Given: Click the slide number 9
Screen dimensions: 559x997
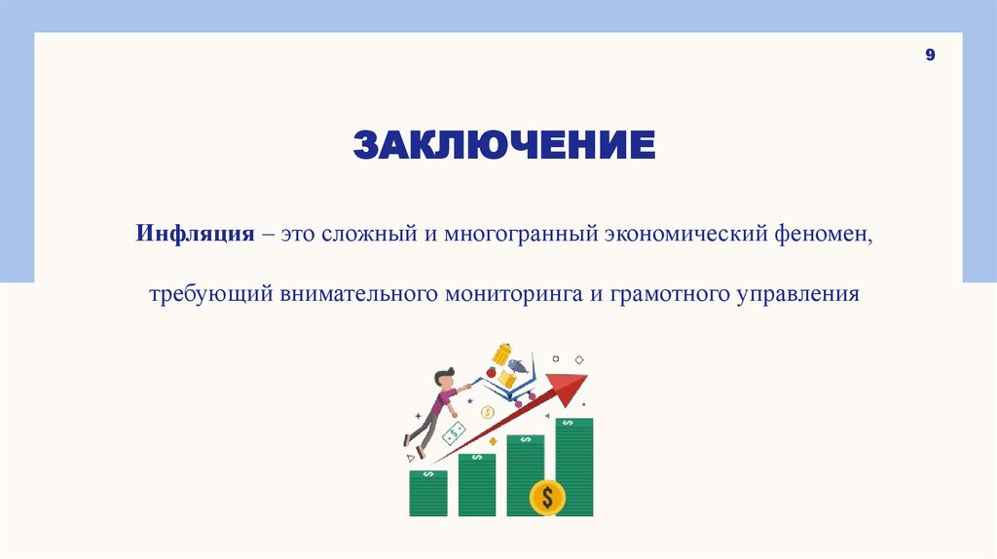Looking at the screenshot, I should (930, 56).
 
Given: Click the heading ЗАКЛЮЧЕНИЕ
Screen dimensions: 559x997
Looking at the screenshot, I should (503, 146).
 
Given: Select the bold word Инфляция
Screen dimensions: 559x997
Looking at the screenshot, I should (195, 236).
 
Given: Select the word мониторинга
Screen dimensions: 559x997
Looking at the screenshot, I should (512, 293).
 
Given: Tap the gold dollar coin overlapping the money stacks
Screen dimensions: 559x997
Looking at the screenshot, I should (547, 498).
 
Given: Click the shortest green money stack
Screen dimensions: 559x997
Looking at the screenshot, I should (428, 493).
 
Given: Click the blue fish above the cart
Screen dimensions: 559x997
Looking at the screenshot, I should (518, 367).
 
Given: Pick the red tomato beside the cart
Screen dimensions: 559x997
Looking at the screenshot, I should (493, 371).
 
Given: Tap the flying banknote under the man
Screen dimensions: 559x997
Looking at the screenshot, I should (454, 432).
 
